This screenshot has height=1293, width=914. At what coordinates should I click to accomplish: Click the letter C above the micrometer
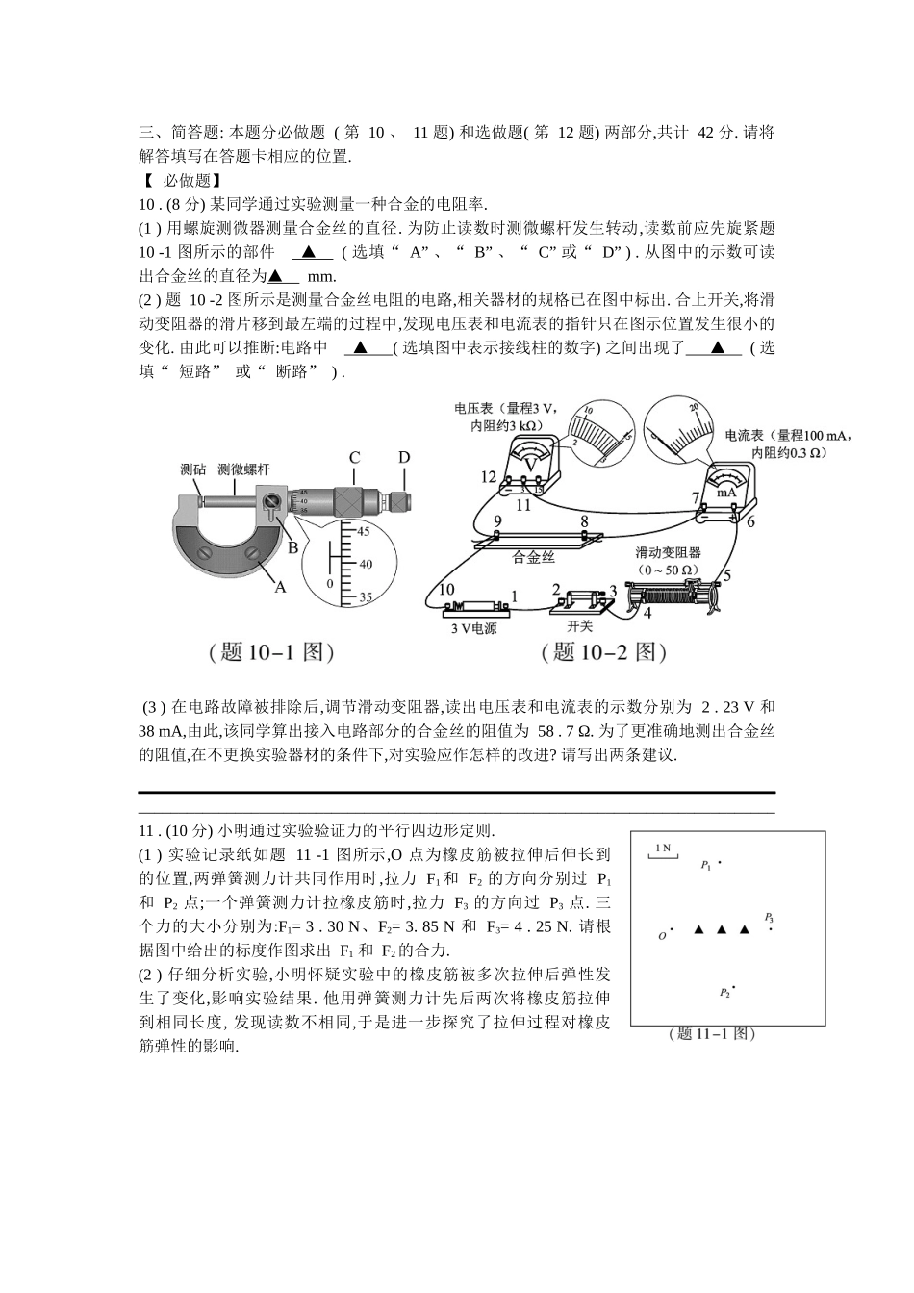tap(354, 458)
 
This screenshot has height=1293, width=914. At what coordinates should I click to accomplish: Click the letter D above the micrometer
tap(404, 458)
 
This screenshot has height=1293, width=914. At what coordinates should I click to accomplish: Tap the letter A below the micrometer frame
tap(281, 587)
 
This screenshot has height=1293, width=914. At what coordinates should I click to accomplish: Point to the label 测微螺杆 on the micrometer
tap(244, 469)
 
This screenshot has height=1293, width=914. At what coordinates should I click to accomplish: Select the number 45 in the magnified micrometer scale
tap(365, 531)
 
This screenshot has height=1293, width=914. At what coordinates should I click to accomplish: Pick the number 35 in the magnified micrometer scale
tap(365, 597)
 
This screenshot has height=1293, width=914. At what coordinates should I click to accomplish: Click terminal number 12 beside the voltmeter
tap(489, 477)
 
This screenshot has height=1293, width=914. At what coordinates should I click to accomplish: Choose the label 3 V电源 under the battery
tap(473, 628)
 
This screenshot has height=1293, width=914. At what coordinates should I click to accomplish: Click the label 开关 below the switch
tap(580, 626)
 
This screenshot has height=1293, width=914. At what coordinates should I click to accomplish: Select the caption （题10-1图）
tap(271, 652)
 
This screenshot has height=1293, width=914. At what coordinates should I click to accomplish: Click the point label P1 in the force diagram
tap(706, 865)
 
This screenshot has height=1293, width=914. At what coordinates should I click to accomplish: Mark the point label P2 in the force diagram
tap(724, 992)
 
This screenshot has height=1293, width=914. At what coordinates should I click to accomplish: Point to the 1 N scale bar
tap(662, 849)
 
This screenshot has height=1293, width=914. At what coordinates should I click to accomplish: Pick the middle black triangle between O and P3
tap(722, 929)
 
